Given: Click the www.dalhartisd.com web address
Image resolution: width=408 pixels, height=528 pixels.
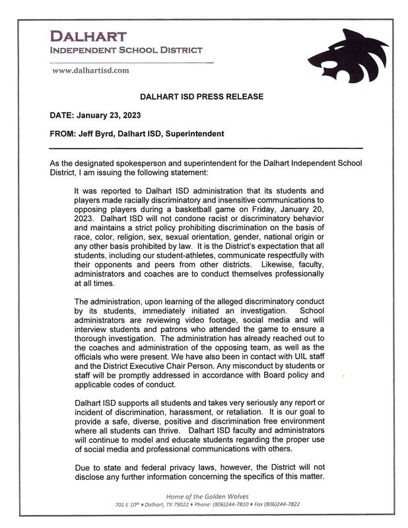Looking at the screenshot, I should [90, 70].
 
